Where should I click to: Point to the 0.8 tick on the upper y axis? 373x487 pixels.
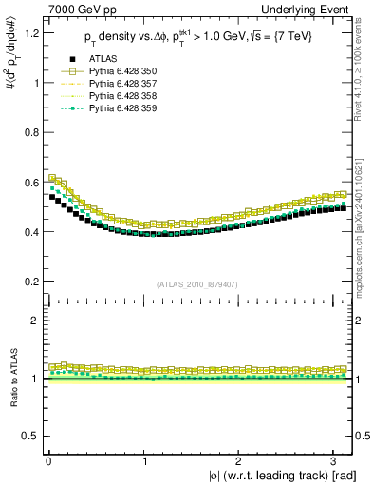click(x=29, y=133)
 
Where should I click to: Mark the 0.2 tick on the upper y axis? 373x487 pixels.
click(x=29, y=282)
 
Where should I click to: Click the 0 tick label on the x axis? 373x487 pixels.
click(x=47, y=461)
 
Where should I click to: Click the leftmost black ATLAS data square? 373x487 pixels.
click(x=52, y=198)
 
